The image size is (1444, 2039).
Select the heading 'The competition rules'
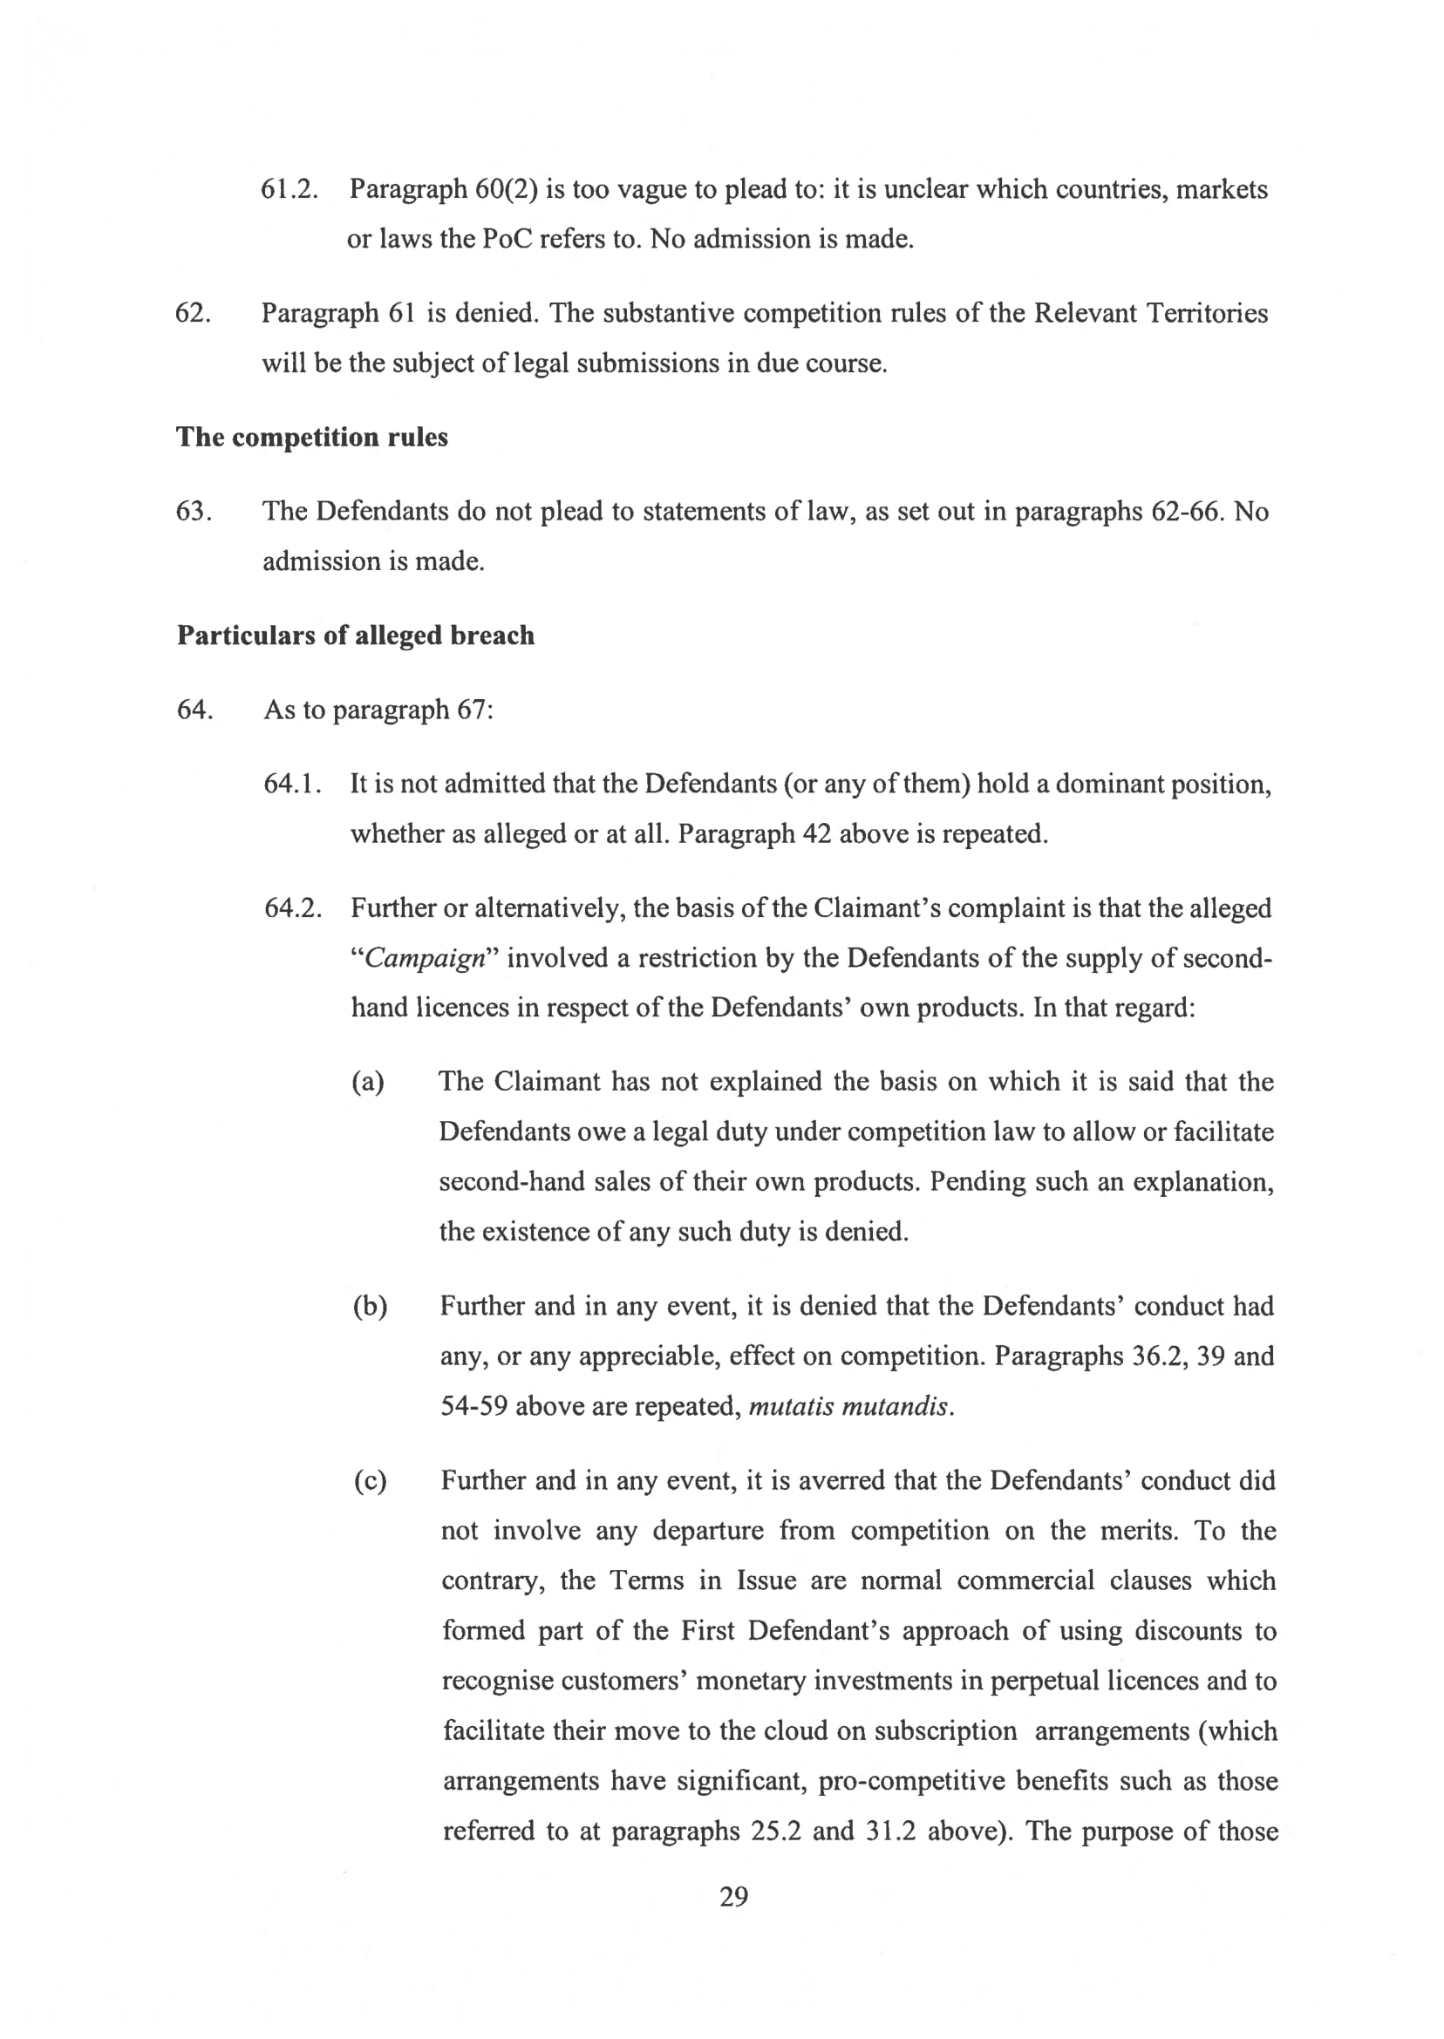312,438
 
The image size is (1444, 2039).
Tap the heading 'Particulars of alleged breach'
356,635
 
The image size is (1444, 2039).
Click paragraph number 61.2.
289,189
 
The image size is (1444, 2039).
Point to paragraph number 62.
193,314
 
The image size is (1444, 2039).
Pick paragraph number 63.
193,512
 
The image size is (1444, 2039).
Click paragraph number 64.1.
292,784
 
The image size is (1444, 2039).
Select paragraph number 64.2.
292,908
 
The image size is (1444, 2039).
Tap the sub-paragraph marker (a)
368,1083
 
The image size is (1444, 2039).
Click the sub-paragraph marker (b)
370,1307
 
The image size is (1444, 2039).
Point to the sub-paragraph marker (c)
370,1482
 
